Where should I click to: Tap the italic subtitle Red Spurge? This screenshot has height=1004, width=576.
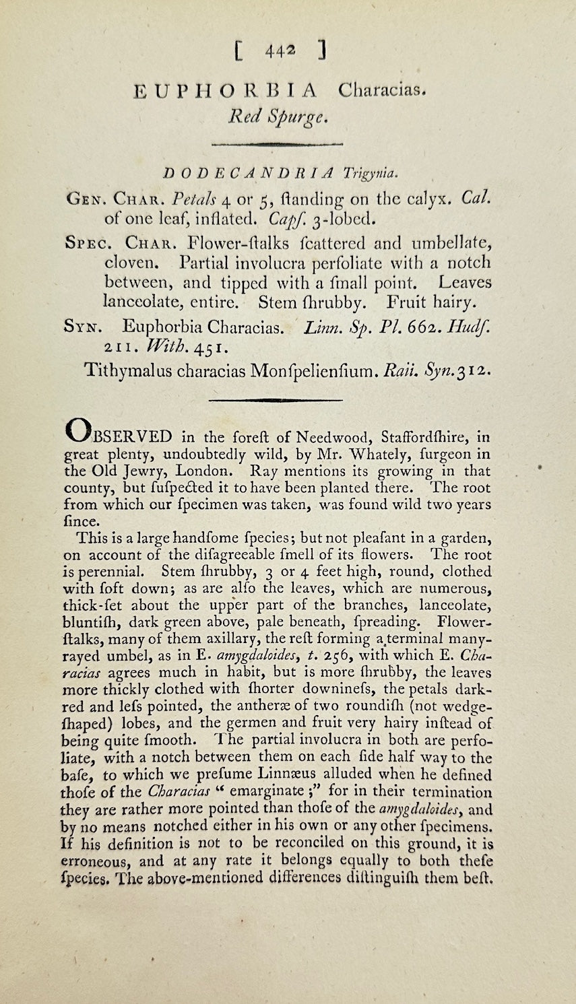point(278,116)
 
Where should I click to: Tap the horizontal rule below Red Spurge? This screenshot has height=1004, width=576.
point(277,143)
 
